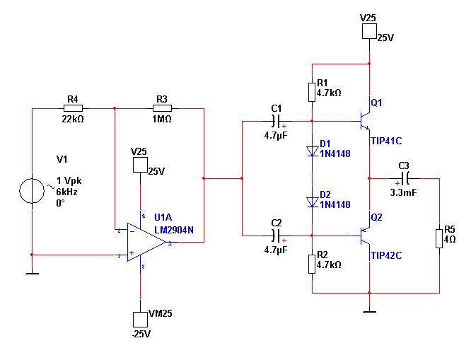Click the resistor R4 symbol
[x=74, y=108]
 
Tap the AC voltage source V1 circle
[x=32, y=190]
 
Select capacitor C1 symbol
[x=277, y=120]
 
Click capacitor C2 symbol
[x=277, y=234]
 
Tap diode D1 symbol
[x=312, y=151]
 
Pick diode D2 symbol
[x=312, y=202]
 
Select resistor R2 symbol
[x=312, y=264]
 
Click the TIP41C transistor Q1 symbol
[x=365, y=112]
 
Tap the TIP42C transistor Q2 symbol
[x=365, y=238]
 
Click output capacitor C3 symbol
[x=405, y=178]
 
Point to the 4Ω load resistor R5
[x=439, y=238]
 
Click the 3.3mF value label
[x=404, y=191]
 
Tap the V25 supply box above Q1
[x=369, y=31]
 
